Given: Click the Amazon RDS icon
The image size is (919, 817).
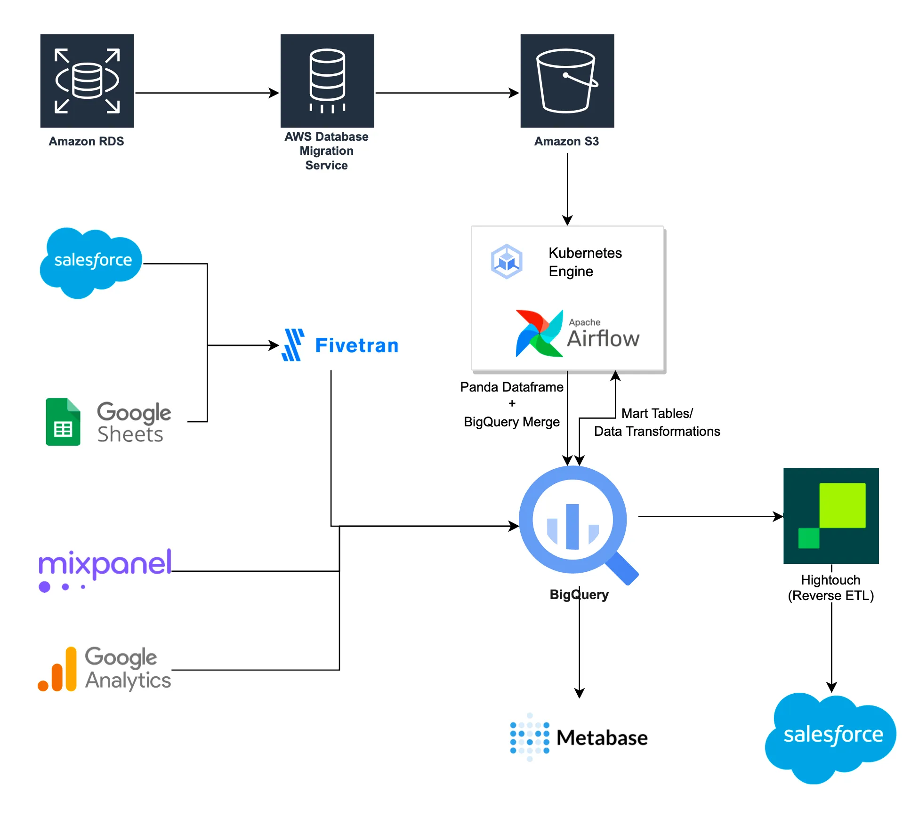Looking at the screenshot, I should point(87,80).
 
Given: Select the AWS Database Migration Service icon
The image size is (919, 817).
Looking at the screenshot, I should point(327,80).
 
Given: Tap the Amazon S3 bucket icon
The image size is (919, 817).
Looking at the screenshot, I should point(567,80).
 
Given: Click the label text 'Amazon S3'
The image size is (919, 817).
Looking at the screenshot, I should point(566,141).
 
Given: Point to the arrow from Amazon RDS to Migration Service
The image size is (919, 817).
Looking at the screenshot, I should point(207,93).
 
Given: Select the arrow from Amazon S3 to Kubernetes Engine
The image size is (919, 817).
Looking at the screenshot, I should point(567,188).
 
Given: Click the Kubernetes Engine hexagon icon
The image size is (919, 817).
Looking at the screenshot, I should point(507,261).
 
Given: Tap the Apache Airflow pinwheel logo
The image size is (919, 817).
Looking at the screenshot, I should point(539,333).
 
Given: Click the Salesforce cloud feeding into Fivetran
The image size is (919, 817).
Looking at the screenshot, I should point(91,261).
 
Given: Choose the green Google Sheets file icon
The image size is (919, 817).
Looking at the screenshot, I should point(63,422).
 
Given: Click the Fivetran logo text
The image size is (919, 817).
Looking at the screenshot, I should point(356,345).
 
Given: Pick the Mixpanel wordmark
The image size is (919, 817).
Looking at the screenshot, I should point(105,565).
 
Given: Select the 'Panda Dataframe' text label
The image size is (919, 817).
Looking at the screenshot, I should point(512,387).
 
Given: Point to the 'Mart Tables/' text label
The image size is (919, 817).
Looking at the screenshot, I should point(657,413).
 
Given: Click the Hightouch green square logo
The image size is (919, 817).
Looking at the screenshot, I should point(831,515).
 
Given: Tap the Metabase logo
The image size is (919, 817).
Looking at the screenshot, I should point(579,737).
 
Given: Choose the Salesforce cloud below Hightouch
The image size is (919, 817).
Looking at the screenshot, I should point(831,737).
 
